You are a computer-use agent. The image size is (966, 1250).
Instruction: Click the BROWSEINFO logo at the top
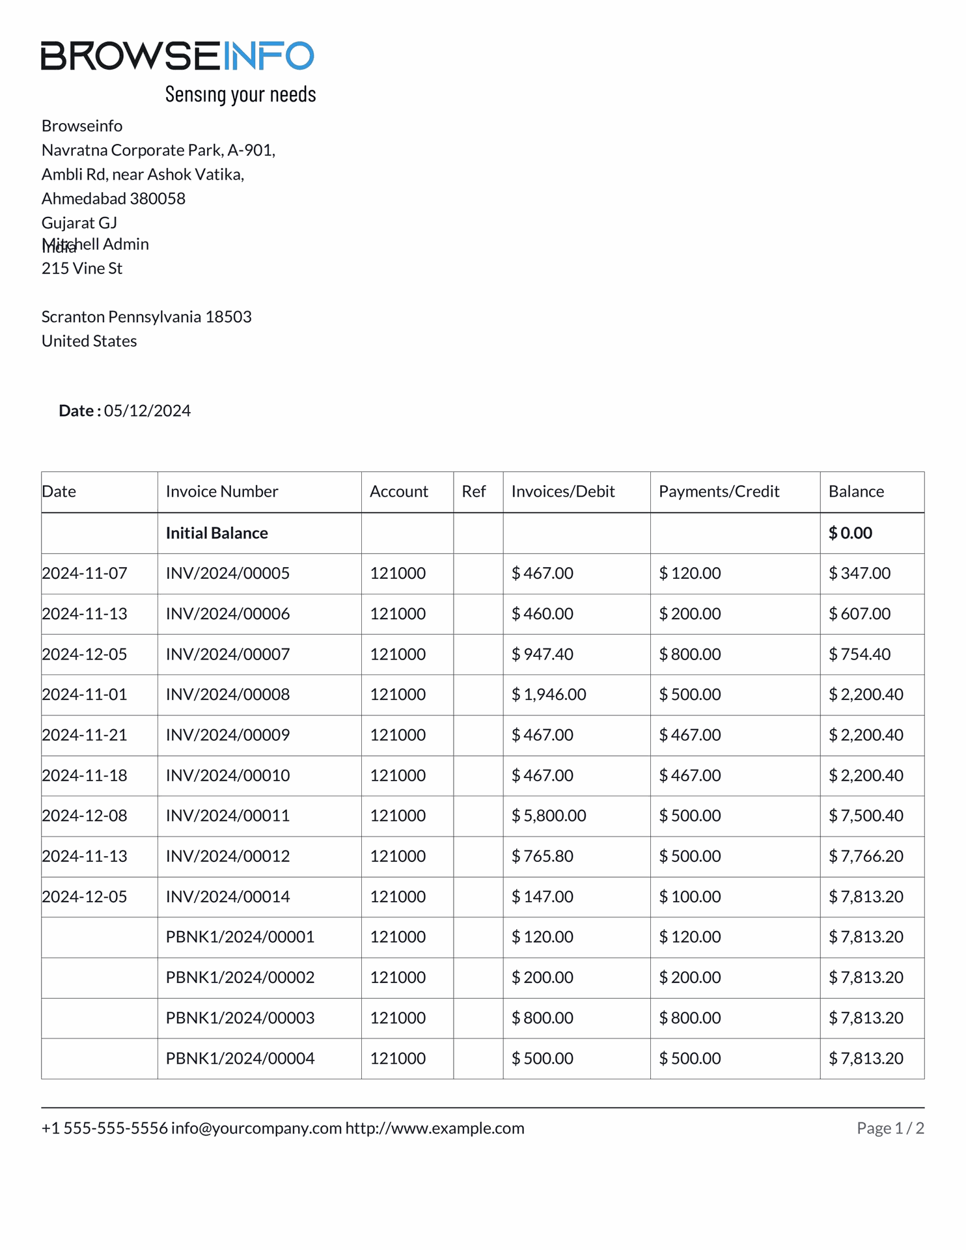point(177,55)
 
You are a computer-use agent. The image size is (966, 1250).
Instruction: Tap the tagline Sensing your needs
point(240,94)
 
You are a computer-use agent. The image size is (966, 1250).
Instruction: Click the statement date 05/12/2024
point(147,411)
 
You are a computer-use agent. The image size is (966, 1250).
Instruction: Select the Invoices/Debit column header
point(562,492)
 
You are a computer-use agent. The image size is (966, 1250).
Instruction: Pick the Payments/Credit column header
point(719,492)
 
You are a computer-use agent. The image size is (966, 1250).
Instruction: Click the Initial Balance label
point(217,533)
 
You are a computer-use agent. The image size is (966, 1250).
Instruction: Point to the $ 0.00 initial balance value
point(849,533)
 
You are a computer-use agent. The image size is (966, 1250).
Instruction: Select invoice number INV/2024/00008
point(227,695)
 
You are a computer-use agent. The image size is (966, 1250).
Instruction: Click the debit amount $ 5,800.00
point(548,816)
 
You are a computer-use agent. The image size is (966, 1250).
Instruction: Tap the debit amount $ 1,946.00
point(548,695)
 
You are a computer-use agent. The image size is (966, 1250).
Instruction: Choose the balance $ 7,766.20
point(865,856)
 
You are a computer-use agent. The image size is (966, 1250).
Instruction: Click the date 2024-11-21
point(85,735)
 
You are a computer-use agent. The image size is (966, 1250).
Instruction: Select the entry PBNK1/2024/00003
point(240,1018)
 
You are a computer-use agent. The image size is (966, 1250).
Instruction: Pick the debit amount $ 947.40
point(542,654)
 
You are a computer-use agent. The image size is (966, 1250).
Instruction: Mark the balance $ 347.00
point(859,574)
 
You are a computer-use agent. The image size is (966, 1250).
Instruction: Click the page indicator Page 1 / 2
point(890,1128)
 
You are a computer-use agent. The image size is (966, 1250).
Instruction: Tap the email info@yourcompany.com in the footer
point(256,1128)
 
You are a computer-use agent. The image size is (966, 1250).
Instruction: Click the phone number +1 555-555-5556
point(104,1128)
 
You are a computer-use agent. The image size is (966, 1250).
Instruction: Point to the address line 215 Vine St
point(82,268)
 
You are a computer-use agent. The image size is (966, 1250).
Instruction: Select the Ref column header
point(473,492)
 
